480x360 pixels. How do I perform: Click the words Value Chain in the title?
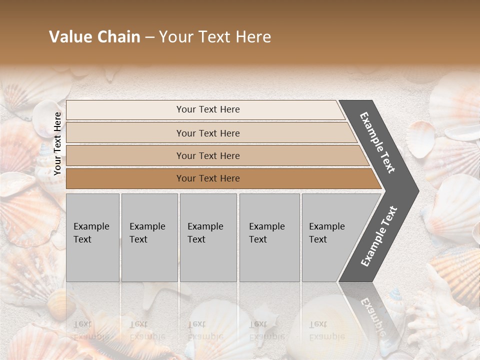pos(94,37)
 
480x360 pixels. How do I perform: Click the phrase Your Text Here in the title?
pos(215,37)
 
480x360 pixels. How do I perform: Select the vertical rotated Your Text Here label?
pos(57,143)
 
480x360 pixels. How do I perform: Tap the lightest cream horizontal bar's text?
pos(208,109)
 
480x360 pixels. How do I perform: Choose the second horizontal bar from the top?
pos(208,133)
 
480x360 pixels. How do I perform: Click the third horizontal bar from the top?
pos(208,155)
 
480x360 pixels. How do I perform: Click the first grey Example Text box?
pos(92,237)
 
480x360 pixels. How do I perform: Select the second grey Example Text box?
pos(149,237)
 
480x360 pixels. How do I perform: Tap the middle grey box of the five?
pos(208,237)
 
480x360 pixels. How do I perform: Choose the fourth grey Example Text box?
pos(269,237)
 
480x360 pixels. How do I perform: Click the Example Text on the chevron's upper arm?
pos(377,142)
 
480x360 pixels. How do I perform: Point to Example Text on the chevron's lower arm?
pos(379,236)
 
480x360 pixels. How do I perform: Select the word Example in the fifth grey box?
pos(326,226)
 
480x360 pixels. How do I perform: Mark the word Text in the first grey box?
pos(82,239)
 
